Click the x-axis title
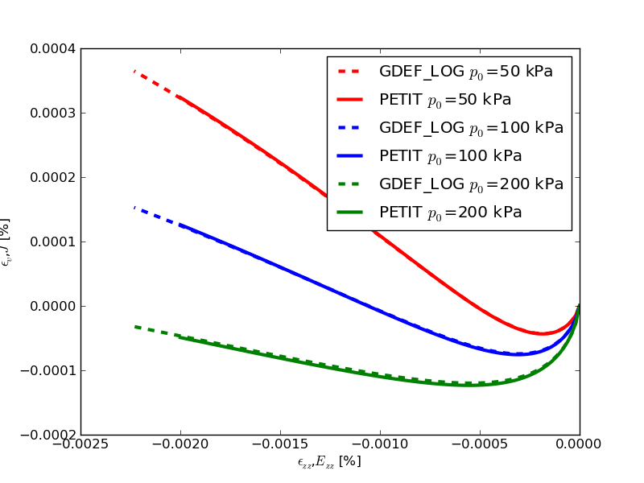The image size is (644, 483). [329, 462]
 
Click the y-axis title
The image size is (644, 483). [6, 242]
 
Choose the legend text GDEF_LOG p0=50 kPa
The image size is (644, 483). [466, 72]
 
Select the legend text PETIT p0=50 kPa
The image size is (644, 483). [445, 100]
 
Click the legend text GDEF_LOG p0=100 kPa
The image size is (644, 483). [471, 128]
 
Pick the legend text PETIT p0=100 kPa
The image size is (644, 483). [450, 156]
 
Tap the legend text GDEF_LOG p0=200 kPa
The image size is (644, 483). [471, 184]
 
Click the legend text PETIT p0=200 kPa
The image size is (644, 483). [450, 213]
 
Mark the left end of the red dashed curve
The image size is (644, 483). [134, 71]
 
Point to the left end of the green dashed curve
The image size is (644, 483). [134, 326]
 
